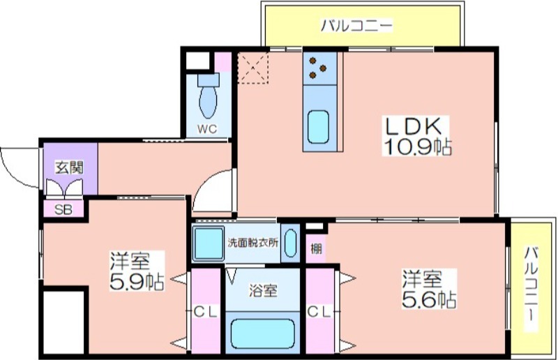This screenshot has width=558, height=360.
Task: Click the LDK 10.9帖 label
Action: (x=417, y=136)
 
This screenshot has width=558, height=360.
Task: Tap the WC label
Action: (x=207, y=129)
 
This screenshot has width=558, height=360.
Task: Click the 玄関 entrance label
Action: (x=69, y=167)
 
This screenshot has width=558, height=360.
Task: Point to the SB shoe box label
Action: (x=63, y=210)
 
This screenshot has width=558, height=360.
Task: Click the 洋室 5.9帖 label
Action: (x=137, y=271)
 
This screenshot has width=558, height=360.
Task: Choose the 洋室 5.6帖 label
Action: (x=429, y=289)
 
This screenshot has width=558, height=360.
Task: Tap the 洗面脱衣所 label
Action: (x=253, y=243)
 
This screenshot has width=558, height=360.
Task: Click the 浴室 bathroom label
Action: (x=263, y=291)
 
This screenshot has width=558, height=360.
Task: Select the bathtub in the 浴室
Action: (x=263, y=333)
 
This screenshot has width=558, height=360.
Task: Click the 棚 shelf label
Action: (x=316, y=248)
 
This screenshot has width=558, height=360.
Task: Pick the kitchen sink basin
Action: (x=318, y=127)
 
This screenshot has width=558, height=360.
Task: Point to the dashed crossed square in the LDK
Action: (x=253, y=68)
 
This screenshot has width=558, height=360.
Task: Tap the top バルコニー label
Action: (x=356, y=26)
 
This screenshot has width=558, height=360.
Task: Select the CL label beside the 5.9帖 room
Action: (x=206, y=313)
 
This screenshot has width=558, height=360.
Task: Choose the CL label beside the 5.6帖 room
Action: (x=319, y=313)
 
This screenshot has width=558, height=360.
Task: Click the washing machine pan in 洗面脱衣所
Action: (x=208, y=243)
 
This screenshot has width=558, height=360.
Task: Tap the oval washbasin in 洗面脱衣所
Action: (x=290, y=243)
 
